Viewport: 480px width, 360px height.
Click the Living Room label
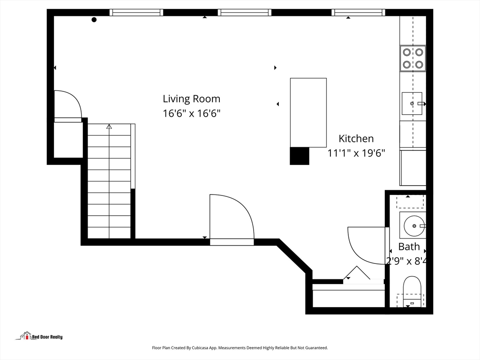pos(191,99)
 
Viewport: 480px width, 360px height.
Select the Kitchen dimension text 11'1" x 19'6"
pos(356,153)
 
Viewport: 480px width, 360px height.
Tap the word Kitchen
pos(356,139)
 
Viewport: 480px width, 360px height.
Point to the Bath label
pos(409,247)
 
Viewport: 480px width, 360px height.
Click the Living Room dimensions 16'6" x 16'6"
pos(191,113)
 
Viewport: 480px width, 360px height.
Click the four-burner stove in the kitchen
pos(412,59)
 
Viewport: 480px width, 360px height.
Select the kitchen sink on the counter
pos(412,104)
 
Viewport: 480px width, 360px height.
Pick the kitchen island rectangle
pos(308,112)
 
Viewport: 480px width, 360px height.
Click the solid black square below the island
pos(300,156)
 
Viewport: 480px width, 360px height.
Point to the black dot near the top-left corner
pos(94,20)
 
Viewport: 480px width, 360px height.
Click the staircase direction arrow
pos(109,127)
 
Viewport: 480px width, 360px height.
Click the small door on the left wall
pos(67,106)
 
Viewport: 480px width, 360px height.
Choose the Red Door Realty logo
pos(41,336)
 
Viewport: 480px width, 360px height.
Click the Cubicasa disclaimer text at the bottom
pos(240,348)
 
